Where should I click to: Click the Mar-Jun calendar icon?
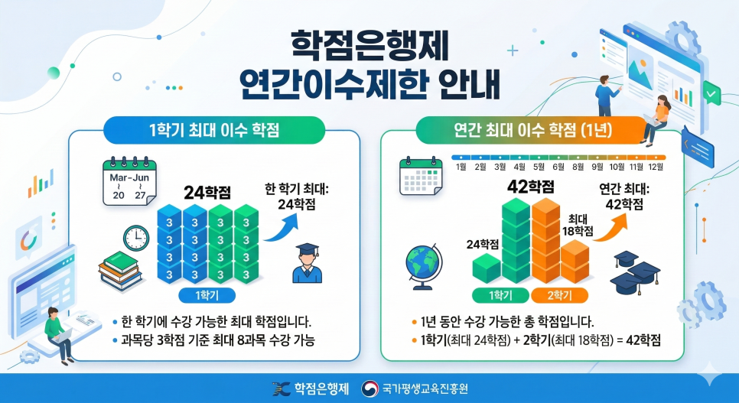129,180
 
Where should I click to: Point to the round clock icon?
135,238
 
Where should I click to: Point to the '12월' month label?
656,167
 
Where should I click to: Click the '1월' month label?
461,167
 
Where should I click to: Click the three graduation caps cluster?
634,271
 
